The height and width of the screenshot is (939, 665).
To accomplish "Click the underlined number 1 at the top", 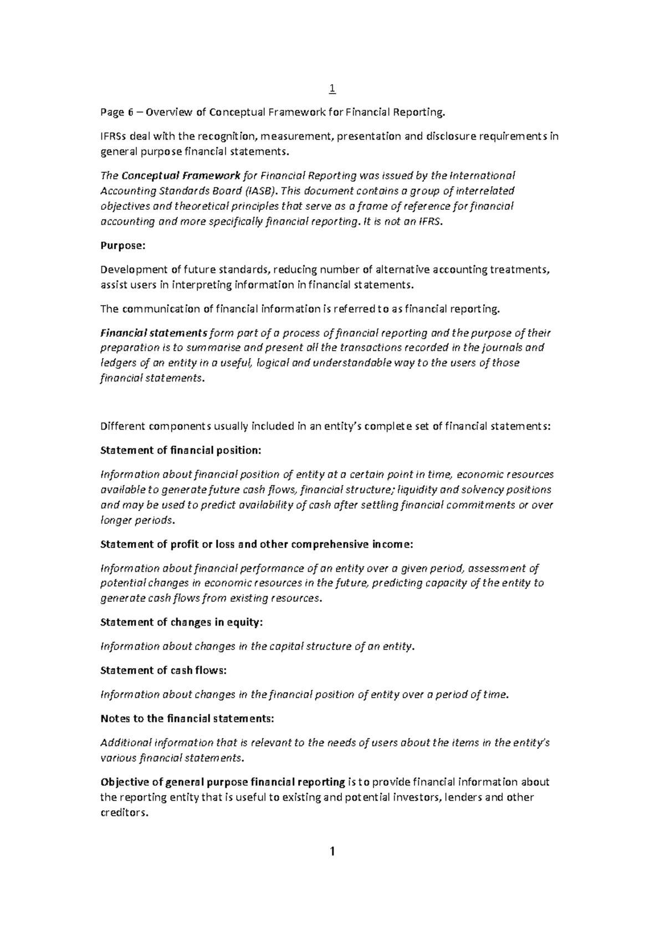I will [332, 89].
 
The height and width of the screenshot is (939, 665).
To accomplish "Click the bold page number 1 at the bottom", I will [332, 852].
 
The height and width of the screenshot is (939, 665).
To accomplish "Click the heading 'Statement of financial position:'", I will [180, 450].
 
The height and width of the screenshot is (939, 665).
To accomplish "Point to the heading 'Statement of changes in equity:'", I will [181, 622].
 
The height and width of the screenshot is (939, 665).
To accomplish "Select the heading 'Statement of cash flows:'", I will [163, 670].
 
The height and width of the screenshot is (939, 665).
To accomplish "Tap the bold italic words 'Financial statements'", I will [154, 333].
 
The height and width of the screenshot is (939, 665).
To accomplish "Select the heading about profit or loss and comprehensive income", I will [256, 544].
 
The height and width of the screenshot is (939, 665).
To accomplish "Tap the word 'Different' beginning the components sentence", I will [121, 426].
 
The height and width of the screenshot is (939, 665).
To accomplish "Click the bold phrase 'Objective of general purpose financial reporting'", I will [223, 782].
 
